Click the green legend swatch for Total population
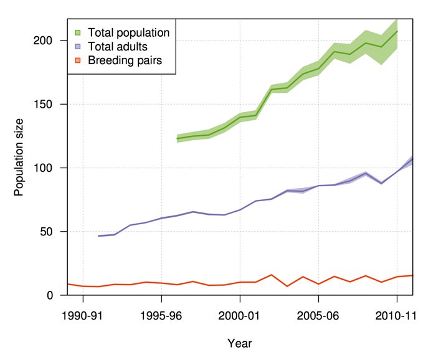click(78, 32)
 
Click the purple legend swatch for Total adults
click(78, 46)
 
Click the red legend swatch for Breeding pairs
click(78, 60)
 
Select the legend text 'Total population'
click(128, 32)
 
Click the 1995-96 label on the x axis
click(161, 315)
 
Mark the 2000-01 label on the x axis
click(240, 315)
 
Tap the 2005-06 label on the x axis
click(318, 315)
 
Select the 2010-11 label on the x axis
click(396, 315)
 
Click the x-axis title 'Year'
click(240, 343)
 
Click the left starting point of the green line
click(178, 138)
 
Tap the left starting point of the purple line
click(98, 236)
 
